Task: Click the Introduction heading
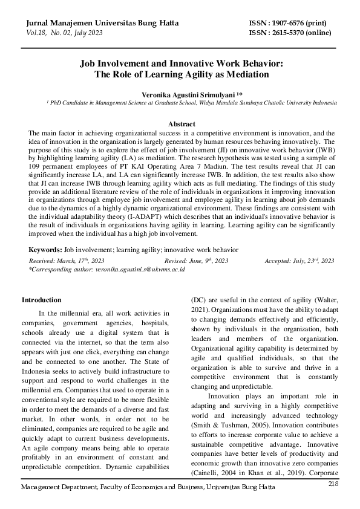click(41, 300)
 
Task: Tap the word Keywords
click(45, 249)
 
